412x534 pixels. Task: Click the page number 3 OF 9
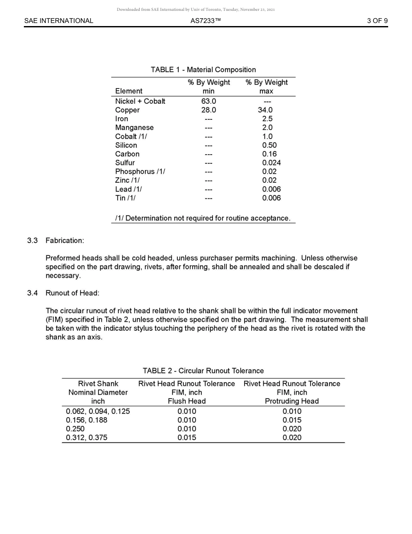click(377, 21)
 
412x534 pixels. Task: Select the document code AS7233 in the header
click(206, 21)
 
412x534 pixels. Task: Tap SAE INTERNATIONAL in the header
click(59, 21)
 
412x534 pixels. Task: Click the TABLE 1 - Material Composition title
click(203, 70)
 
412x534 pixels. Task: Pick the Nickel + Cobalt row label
click(140, 102)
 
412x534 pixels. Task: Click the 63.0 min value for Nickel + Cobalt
click(209, 102)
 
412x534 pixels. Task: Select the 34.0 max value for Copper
click(265, 110)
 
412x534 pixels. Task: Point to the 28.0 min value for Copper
click(209, 110)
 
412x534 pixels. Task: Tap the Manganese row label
click(134, 128)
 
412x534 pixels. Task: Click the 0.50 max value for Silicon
click(269, 145)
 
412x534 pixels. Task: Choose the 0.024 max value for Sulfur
click(271, 163)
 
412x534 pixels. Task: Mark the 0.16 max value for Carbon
click(269, 154)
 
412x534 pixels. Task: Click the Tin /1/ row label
click(125, 198)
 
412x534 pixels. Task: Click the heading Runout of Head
click(72, 293)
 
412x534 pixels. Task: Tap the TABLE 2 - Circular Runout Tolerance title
click(203, 371)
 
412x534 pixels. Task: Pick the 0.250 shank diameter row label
click(75, 429)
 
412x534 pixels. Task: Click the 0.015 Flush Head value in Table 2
click(186, 438)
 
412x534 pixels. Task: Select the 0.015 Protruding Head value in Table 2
click(291, 420)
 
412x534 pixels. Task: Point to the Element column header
click(128, 91)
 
